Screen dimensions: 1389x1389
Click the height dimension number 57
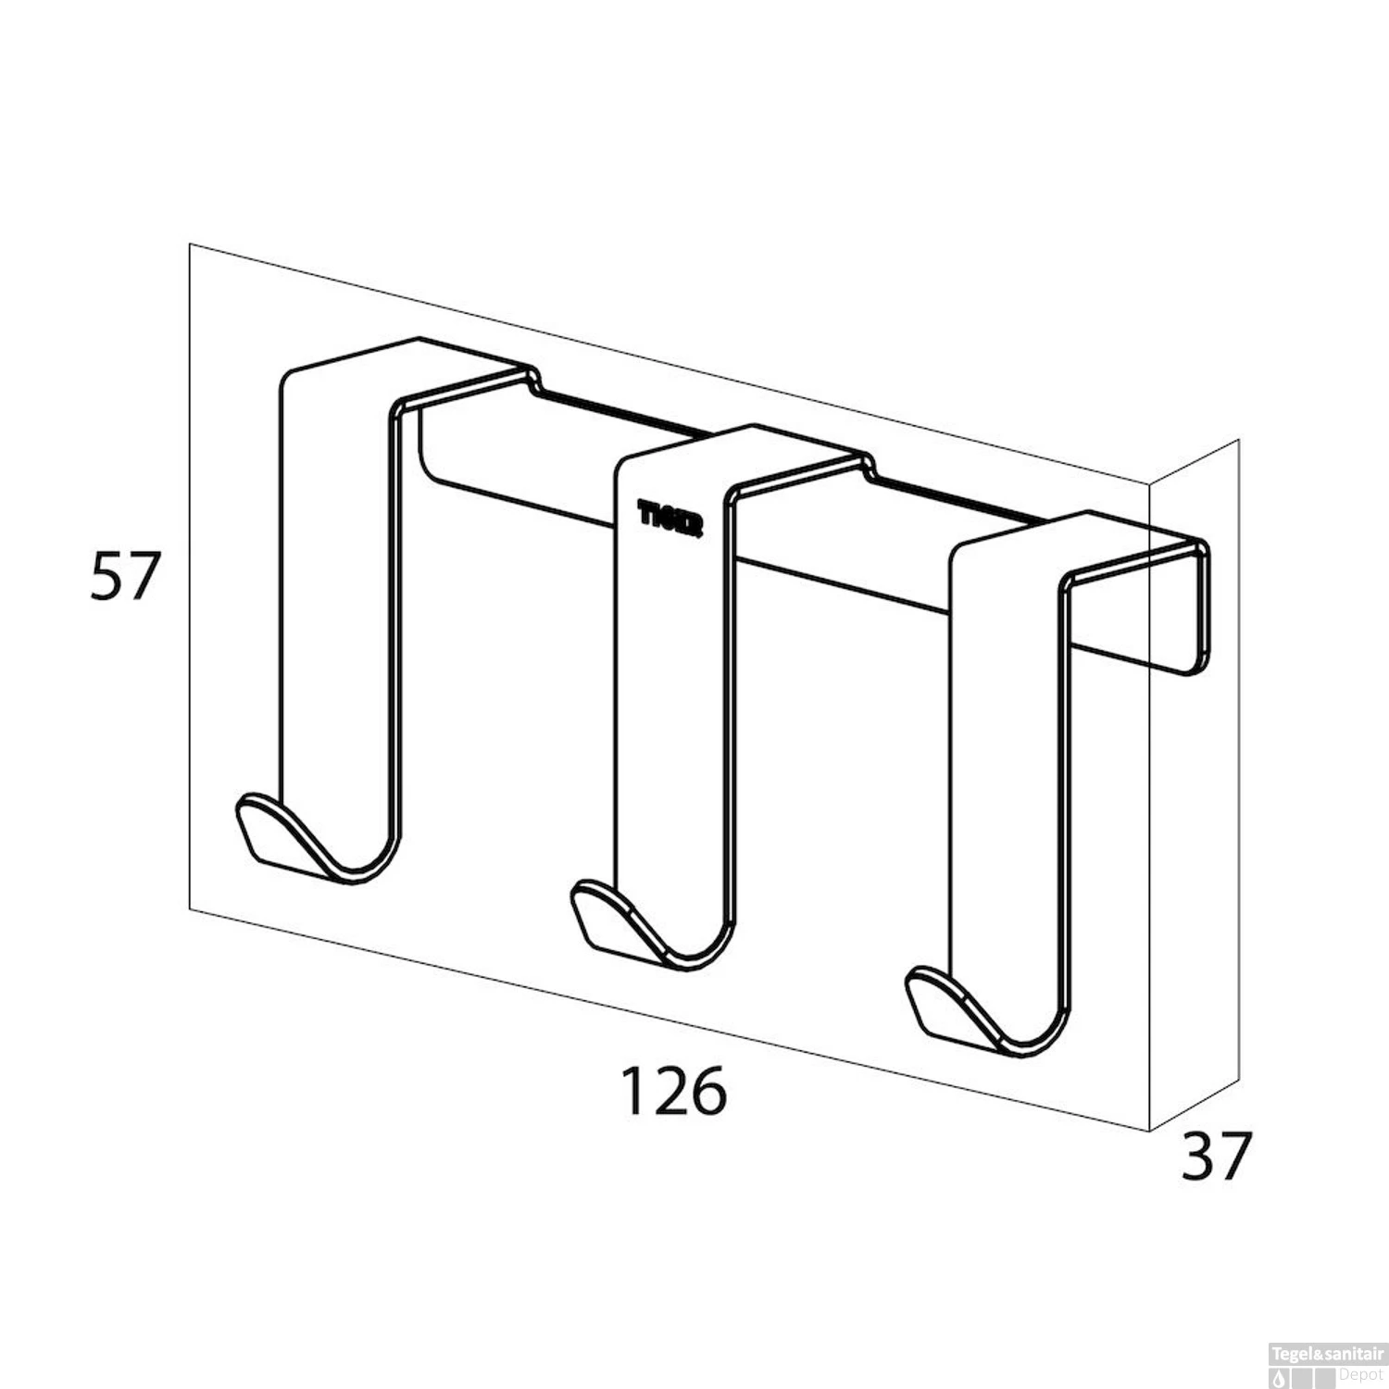pos(126,576)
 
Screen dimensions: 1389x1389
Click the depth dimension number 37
pos(1216,1156)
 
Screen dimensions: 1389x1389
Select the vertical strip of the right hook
pos(1005,759)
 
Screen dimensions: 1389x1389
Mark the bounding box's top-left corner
pos(190,244)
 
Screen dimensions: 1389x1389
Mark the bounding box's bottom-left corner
pos(190,910)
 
